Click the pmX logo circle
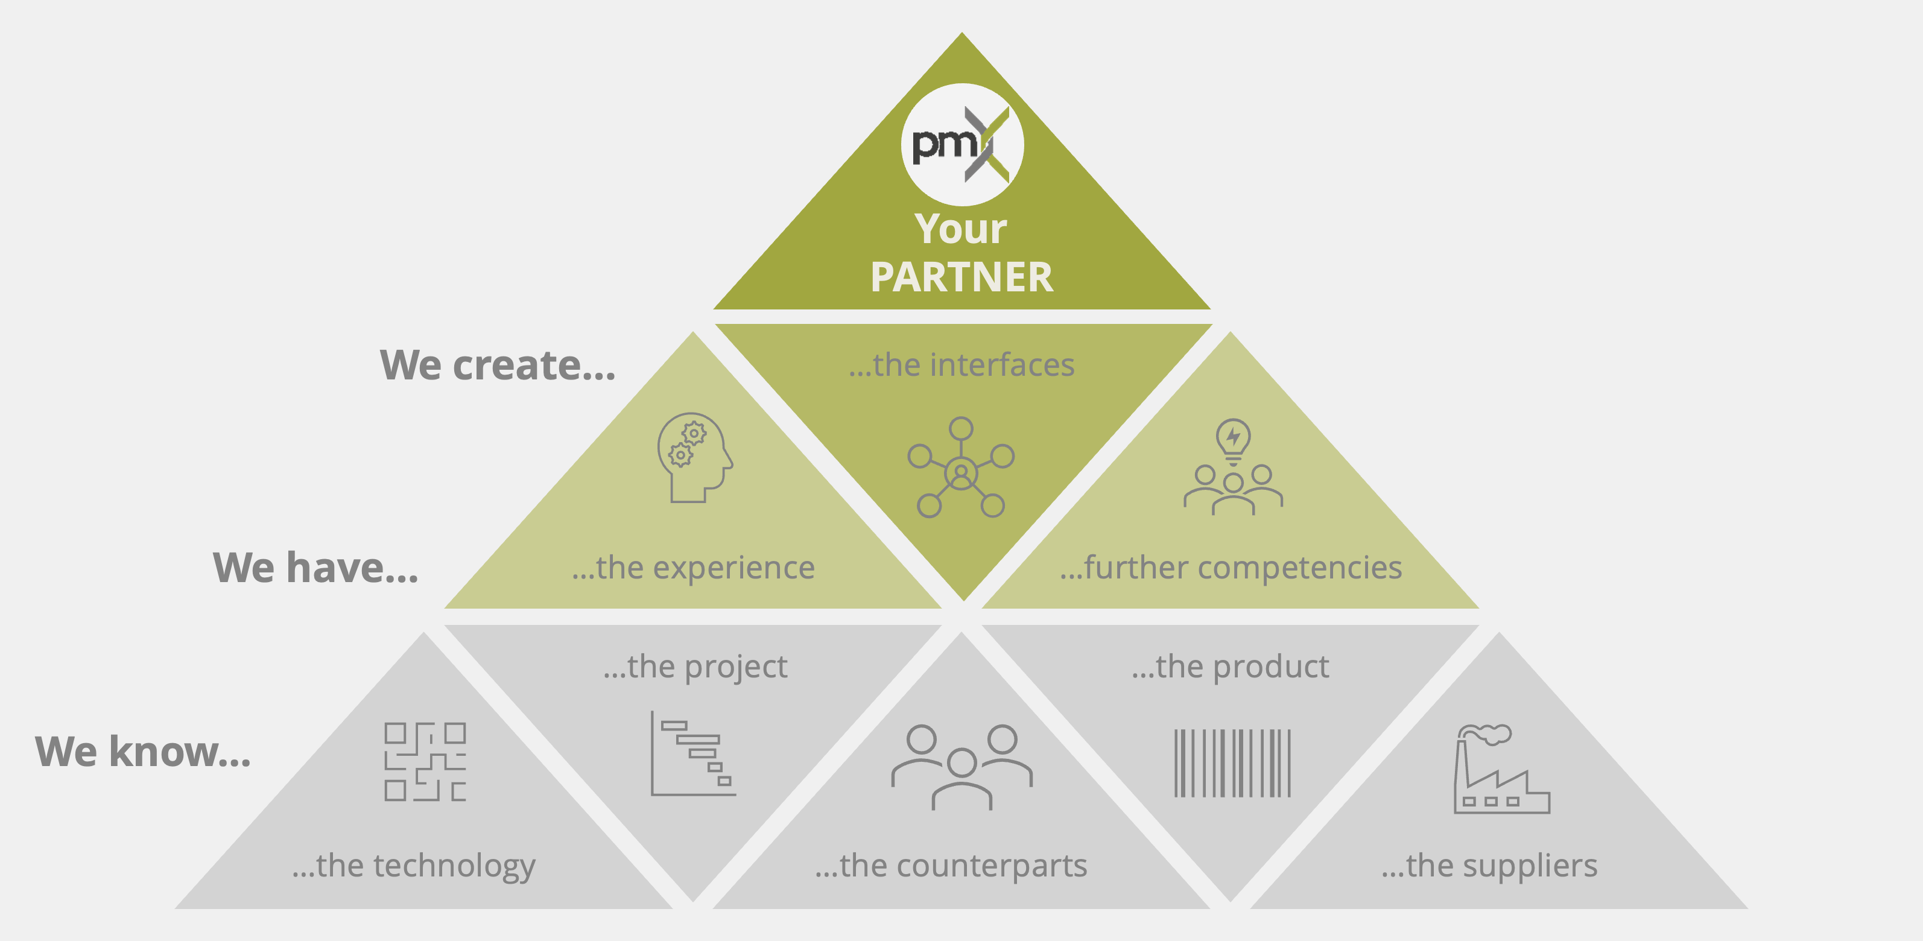click(x=962, y=144)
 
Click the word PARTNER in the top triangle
click(x=961, y=277)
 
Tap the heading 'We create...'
click(x=498, y=365)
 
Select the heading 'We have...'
click(x=315, y=567)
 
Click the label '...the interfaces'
click(x=961, y=365)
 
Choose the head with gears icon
click(x=694, y=457)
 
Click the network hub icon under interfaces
click(x=961, y=467)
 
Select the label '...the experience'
click(x=694, y=568)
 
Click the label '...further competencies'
click(x=1231, y=568)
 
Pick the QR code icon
click(x=425, y=761)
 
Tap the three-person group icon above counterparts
click(x=961, y=767)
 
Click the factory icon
click(x=1501, y=768)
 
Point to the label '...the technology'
click(x=414, y=866)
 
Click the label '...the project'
click(x=695, y=667)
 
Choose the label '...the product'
click(x=1231, y=667)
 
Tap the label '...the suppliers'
click(x=1489, y=866)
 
